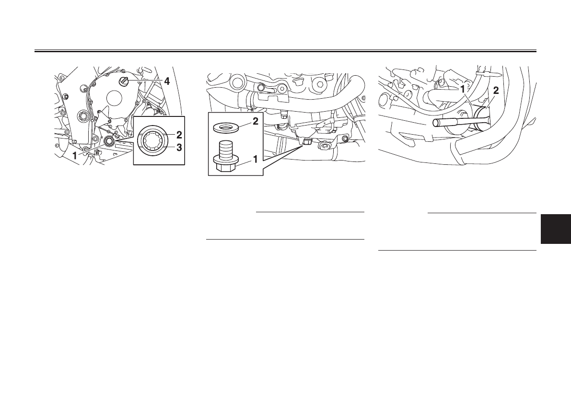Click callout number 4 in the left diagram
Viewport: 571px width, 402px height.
tap(166, 81)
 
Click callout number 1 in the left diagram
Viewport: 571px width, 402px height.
tap(75, 155)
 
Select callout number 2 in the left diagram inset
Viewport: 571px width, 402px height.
tap(179, 135)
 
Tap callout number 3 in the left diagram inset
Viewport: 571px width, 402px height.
tap(179, 148)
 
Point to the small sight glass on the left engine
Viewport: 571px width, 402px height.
tap(109, 141)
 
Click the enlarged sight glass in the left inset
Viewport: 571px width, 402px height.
tap(154, 141)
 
